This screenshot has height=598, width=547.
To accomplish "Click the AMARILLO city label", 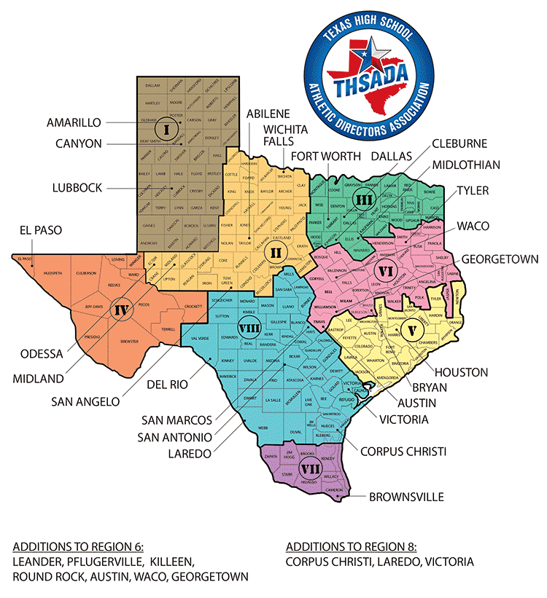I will click(74, 122).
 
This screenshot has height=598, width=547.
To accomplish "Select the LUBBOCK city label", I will click(77, 188).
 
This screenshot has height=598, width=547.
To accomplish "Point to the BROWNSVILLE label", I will click(406, 497).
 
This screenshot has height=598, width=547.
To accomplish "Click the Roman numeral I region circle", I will click(167, 131).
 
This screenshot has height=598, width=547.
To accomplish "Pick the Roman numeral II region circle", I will click(275, 253).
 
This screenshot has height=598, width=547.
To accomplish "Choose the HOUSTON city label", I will click(462, 372).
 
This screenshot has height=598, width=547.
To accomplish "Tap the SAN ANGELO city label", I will click(86, 400).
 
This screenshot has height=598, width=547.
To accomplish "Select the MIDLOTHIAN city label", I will click(466, 165).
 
